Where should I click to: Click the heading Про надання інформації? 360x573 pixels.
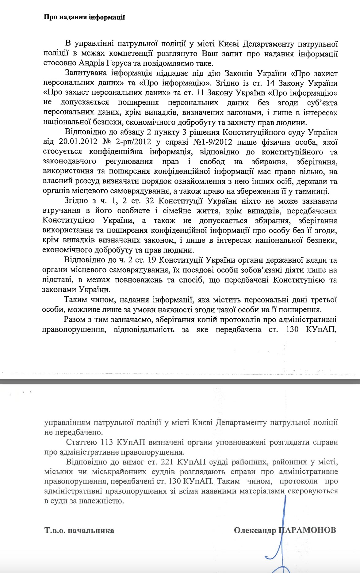pos(84,17)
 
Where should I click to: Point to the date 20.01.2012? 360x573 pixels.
pos(78,142)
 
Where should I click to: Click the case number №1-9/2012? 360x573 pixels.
pos(212,142)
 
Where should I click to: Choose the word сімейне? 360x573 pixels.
pos(173,211)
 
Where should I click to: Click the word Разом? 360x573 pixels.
pos(75,319)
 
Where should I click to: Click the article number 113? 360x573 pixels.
pos(107,442)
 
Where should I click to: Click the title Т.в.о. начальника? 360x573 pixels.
pos(79,531)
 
